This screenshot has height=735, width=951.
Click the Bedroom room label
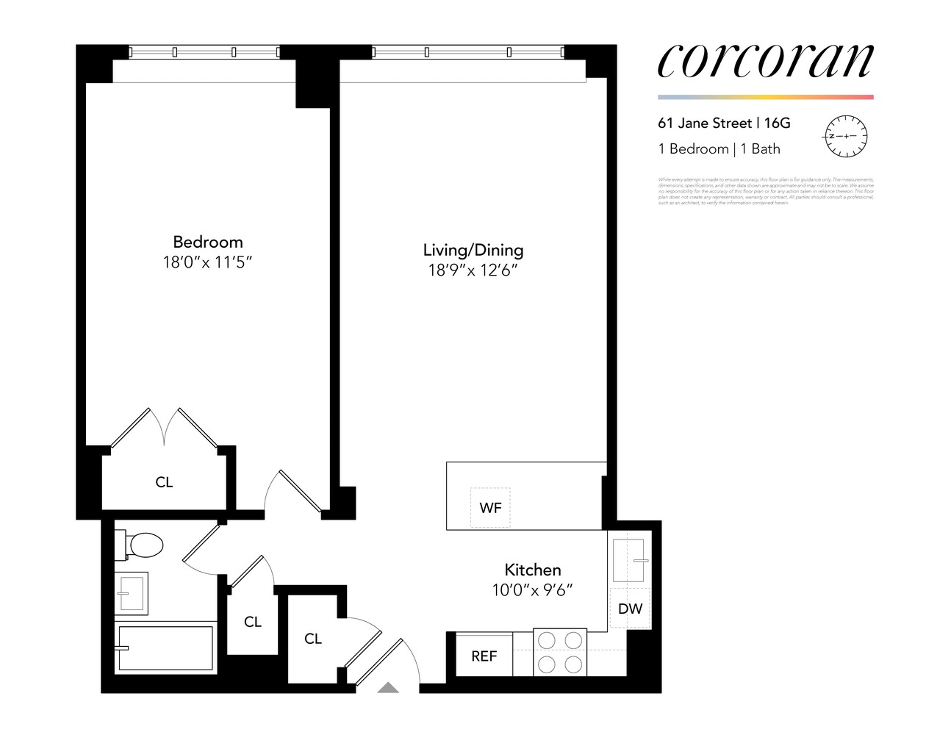pos(207,242)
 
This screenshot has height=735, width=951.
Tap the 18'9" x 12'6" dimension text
pos(473,270)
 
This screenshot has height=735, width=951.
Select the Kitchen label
pos(532,570)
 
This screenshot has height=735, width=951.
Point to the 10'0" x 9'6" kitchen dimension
pos(532,589)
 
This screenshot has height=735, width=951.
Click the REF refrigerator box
pos(484,656)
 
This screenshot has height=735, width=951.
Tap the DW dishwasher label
pos(630,609)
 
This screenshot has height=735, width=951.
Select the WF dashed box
pos(490,507)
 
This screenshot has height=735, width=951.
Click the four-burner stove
pos(560,652)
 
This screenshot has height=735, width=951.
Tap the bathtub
pos(165,648)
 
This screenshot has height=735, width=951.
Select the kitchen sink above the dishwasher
pos(628,562)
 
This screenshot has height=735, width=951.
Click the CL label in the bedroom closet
pos(164,482)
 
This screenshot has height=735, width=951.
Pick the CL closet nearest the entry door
pos(313,639)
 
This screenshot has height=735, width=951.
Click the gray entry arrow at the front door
pos(388,688)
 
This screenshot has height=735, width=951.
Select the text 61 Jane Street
pos(704,123)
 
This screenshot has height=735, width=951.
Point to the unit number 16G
pos(778,123)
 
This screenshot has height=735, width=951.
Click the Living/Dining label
pos(473,250)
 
